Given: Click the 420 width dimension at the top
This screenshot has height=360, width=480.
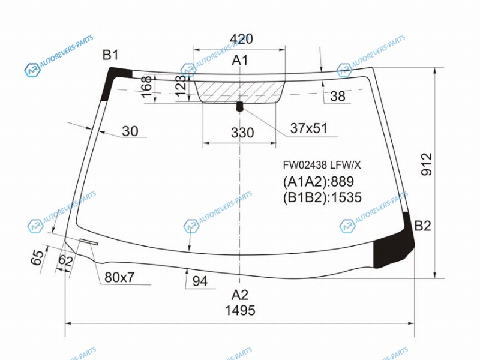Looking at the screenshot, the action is tap(241, 39).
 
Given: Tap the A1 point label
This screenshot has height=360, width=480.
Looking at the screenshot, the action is tap(239, 61).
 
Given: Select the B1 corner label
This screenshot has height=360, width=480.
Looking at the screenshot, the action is tap(110, 55).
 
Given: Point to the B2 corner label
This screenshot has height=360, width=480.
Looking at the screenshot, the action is tap(423, 226).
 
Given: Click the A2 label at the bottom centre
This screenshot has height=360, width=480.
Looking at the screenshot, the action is tap(239, 295).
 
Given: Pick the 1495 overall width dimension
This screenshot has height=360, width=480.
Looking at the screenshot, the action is tap(240, 310).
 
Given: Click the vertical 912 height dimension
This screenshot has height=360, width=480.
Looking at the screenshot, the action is tap(427, 164).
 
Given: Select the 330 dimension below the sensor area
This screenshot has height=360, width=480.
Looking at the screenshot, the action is tap(242, 133).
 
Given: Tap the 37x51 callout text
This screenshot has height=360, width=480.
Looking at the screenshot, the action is tap(308, 128).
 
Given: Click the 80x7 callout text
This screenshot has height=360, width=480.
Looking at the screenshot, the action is tap(119, 277).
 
